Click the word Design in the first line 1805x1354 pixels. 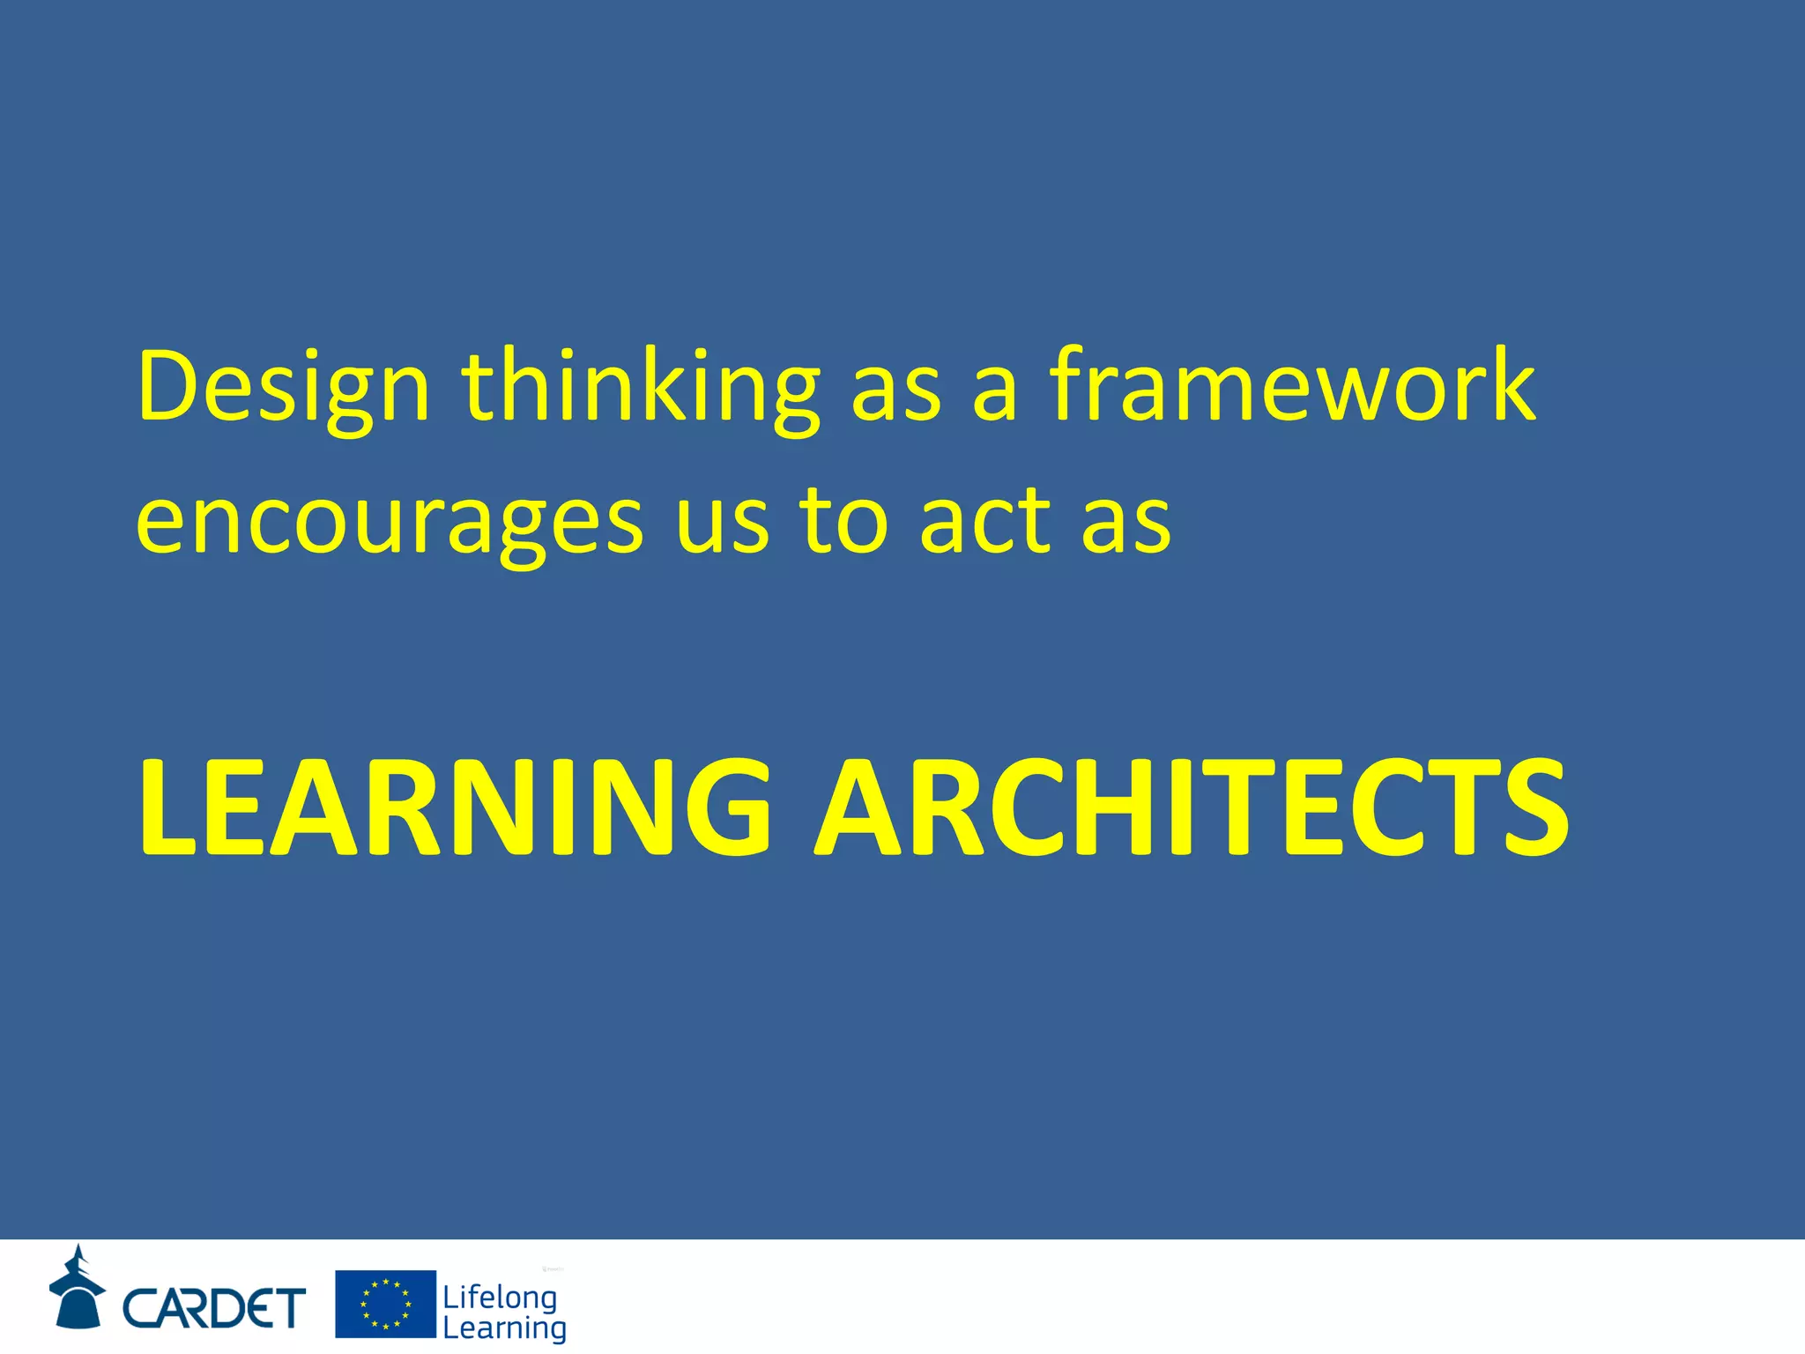tap(283, 388)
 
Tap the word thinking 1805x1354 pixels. tap(641, 388)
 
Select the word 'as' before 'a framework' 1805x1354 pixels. tap(895, 392)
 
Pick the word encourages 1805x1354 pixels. tap(390, 524)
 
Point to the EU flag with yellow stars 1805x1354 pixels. tap(385, 1304)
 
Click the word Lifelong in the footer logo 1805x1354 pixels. tap(500, 1298)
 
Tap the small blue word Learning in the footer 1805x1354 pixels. tap(504, 1328)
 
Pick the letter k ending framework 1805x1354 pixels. tap(1508, 384)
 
